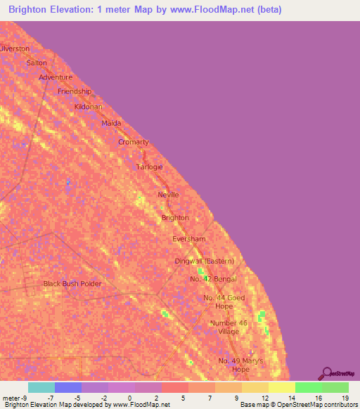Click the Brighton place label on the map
point(175,218)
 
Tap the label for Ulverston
point(15,48)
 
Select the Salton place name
point(36,63)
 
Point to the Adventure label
point(56,77)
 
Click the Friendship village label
point(75,91)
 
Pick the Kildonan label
point(89,107)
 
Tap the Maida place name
point(111,123)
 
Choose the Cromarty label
point(134,142)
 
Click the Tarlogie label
point(149,167)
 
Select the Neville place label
point(168,195)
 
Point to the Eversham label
point(189,239)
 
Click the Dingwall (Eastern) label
point(205,261)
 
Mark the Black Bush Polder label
point(72,284)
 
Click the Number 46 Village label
point(229,327)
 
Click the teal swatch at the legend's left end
point(41,387)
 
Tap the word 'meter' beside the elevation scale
point(11,398)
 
